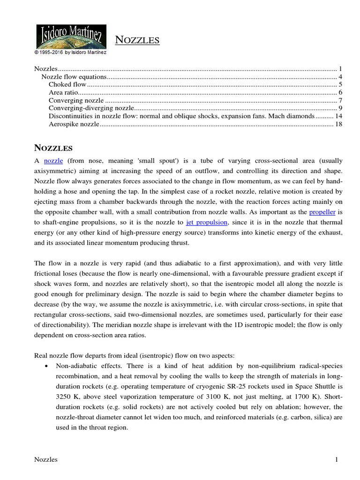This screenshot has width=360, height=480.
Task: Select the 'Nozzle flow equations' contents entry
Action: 74,77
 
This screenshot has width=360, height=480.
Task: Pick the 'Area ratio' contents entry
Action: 62,93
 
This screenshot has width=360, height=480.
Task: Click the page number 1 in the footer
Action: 337,460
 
